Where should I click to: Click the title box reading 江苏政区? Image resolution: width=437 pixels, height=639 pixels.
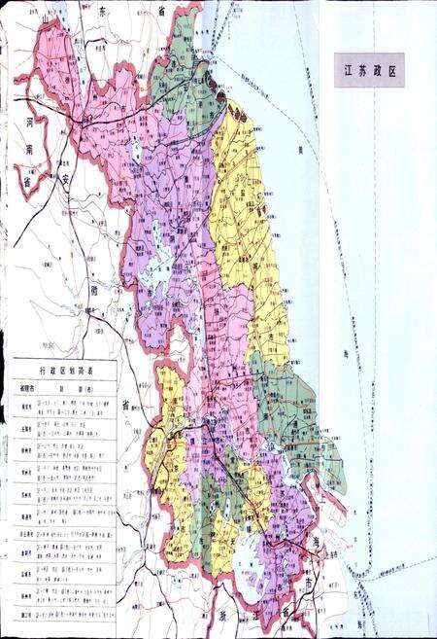pos(369,70)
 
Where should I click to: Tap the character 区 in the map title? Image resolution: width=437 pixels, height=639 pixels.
pos(394,70)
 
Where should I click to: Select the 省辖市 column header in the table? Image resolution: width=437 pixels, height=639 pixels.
pos(27,387)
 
